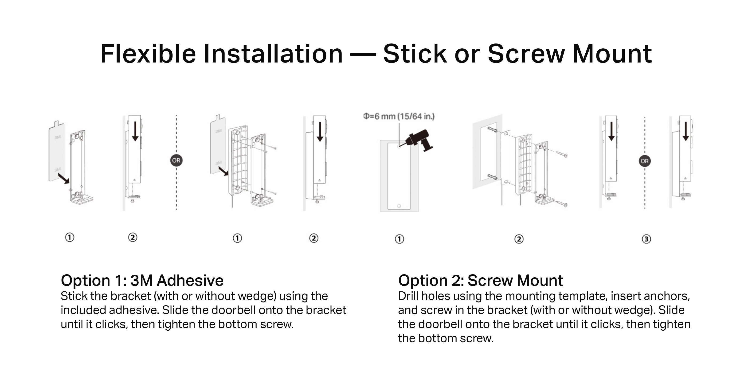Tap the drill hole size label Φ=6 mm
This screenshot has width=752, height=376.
tap(399, 117)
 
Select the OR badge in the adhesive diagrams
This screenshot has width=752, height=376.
tap(176, 160)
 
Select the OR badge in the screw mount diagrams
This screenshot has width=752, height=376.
tap(645, 161)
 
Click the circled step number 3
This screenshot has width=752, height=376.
tap(646, 239)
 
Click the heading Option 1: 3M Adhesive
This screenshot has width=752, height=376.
tap(142, 280)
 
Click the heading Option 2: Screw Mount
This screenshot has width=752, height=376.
tap(481, 280)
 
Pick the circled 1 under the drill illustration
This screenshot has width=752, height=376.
tap(399, 239)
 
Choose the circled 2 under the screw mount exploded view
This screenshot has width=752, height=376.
tap(519, 239)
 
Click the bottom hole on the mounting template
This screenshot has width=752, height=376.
tap(399, 206)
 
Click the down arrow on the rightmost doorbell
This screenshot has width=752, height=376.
tap(686, 131)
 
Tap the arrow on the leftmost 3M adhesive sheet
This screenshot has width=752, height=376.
tap(64, 178)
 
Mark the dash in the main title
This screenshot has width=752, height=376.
tap(363, 55)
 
